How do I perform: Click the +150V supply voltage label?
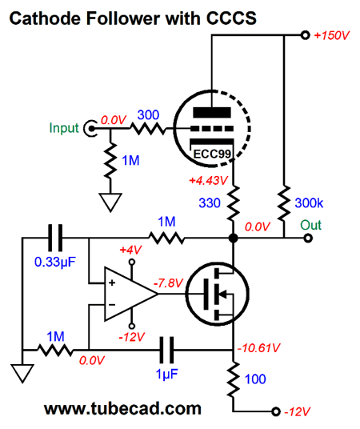click(332, 35)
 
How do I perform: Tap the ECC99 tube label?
click(212, 154)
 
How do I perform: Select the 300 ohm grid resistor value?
click(148, 115)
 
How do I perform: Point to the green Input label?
click(64, 128)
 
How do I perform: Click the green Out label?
click(310, 225)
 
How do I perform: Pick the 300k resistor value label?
click(309, 203)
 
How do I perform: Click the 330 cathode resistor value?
click(210, 203)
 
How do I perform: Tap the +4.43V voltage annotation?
click(208, 181)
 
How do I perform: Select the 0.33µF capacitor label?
click(54, 262)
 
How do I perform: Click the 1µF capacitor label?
click(166, 374)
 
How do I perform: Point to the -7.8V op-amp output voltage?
click(168, 283)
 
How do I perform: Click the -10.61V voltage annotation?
click(258, 348)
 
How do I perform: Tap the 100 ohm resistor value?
click(255, 379)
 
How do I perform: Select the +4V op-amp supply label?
click(130, 250)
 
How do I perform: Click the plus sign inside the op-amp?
click(112, 283)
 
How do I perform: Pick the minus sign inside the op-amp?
click(112, 305)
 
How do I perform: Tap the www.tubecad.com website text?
click(122, 408)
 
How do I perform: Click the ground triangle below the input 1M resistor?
click(110, 202)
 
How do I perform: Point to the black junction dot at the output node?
click(233, 238)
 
